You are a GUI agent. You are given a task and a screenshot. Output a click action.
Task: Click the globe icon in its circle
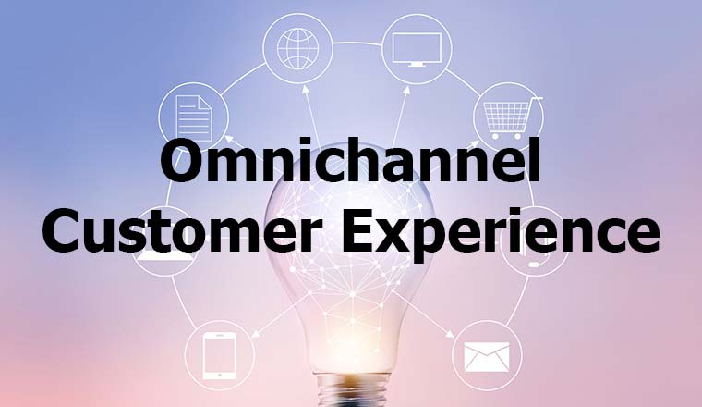(297, 44)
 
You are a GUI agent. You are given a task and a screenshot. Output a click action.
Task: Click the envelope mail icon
(487, 355)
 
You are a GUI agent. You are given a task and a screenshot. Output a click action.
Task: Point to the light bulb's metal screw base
(351, 393)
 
